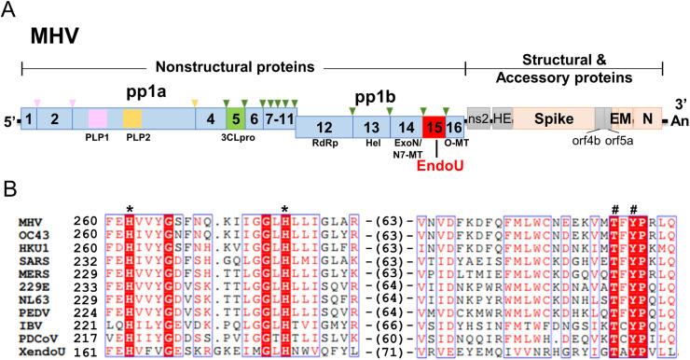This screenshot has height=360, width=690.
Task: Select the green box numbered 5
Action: tap(236, 118)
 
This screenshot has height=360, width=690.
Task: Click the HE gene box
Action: tap(504, 118)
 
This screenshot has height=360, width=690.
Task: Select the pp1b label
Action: tap(371, 96)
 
